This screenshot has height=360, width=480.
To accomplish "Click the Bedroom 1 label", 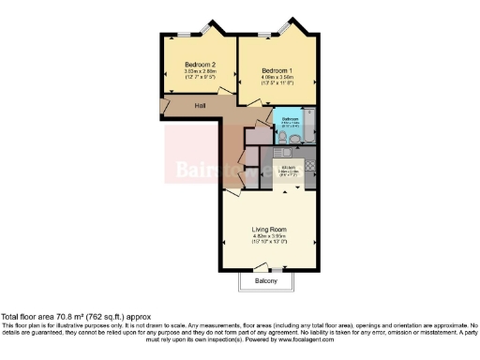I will tap(277, 71).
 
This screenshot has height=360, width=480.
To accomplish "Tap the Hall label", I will tap(200, 106).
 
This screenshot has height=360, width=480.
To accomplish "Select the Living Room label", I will tap(269, 229).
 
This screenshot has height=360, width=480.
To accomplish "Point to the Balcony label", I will tap(267, 281).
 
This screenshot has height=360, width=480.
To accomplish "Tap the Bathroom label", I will tap(291, 120).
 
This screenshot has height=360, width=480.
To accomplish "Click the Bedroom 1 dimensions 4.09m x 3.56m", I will tap(277, 79).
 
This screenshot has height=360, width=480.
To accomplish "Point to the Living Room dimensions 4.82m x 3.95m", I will tap(269, 236).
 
